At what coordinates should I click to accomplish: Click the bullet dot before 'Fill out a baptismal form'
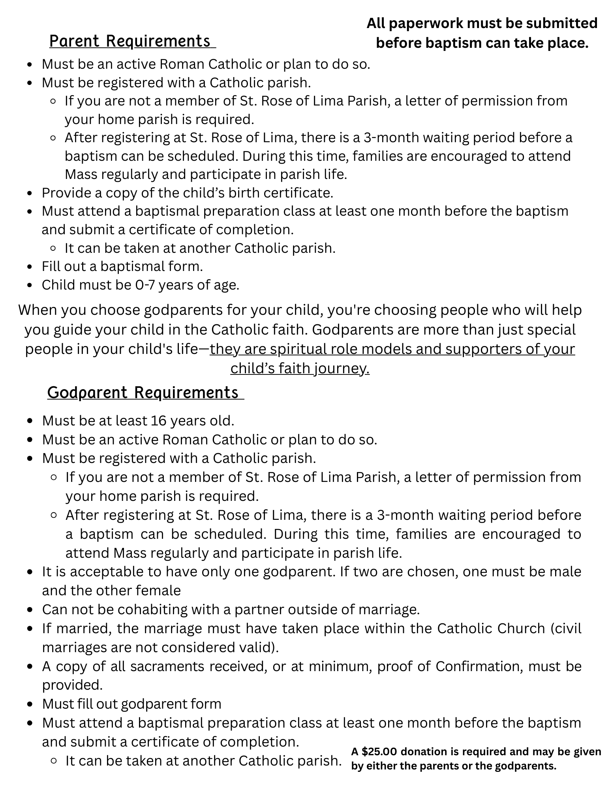(30, 267)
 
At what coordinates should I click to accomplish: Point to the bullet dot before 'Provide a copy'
(30, 194)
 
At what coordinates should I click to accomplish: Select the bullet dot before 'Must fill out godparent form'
(30, 704)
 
